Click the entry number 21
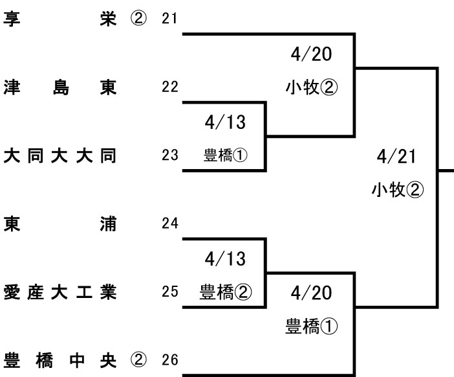click(x=169, y=18)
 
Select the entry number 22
click(x=169, y=87)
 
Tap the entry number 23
click(x=169, y=156)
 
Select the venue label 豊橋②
click(x=224, y=291)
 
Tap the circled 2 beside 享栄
click(x=139, y=18)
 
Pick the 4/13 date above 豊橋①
click(x=224, y=122)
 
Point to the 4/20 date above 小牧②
click(x=312, y=54)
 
